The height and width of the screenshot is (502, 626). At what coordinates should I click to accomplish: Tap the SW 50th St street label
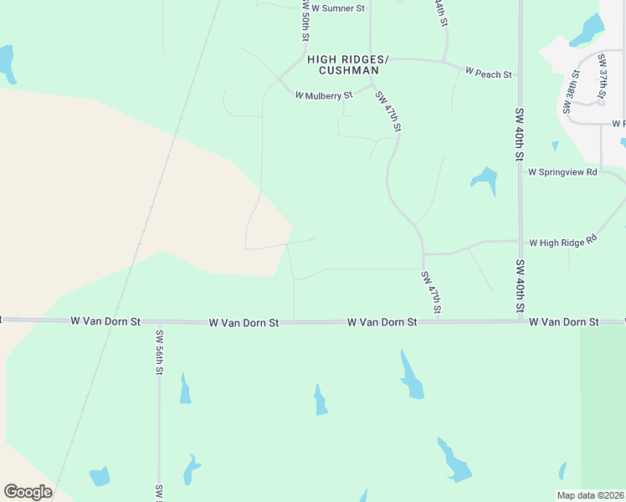point(305,21)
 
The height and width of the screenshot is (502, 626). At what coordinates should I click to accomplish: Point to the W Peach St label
point(488,74)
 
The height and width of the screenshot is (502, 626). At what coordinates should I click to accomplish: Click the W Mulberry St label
point(324,95)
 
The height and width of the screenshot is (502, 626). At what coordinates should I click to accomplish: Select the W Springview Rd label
point(562,172)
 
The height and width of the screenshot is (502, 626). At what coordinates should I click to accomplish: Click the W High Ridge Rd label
point(562,242)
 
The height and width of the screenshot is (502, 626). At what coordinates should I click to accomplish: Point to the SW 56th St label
point(158,352)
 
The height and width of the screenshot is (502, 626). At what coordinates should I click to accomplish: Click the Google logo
point(28,491)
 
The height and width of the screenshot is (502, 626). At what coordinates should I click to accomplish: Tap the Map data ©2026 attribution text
point(591,495)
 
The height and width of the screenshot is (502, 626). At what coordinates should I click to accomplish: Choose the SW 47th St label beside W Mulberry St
point(389,111)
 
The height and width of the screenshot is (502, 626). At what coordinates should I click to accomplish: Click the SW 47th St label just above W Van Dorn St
point(431,293)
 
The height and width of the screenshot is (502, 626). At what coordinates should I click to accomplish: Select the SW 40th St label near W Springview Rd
point(520,134)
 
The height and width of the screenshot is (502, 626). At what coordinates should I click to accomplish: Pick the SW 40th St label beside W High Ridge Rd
point(520,287)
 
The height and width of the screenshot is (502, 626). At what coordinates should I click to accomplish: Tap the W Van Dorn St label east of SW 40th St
point(564,321)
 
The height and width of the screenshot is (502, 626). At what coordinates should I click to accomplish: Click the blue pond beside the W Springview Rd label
point(484,179)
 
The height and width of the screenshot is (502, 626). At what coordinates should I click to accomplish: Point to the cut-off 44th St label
point(440,12)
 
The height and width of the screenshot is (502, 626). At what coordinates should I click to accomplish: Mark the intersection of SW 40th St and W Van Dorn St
point(520,321)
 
